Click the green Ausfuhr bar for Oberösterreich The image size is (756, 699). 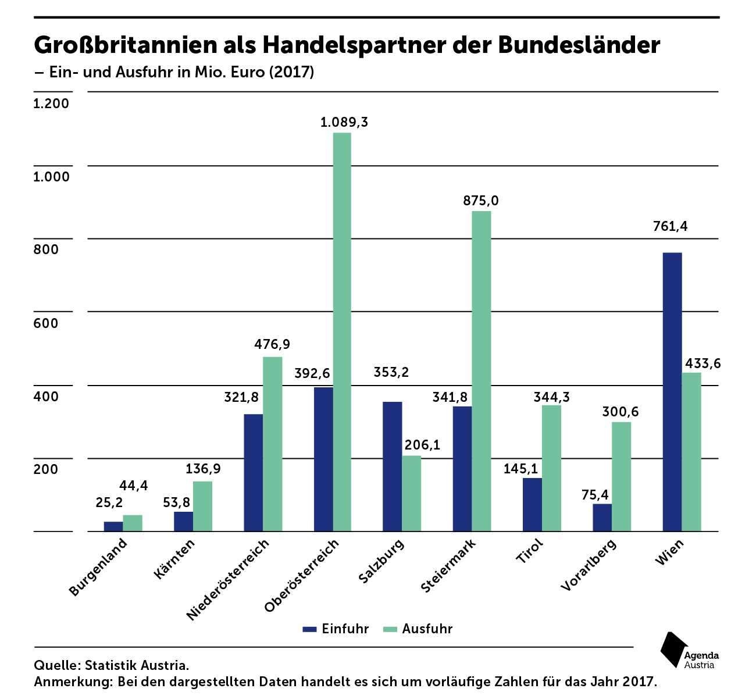(x=342, y=331)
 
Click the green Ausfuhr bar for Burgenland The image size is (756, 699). (x=133, y=523)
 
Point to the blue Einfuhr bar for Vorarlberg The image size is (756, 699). (x=602, y=517)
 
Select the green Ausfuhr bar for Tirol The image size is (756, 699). (x=551, y=468)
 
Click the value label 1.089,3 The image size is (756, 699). (x=344, y=123)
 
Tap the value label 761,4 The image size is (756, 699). (x=670, y=226)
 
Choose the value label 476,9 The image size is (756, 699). (x=272, y=344)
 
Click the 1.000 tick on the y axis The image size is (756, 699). (x=51, y=176)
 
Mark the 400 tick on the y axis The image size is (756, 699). (x=47, y=396)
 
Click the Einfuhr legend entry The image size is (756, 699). (x=336, y=629)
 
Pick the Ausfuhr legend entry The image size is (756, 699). (x=418, y=629)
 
